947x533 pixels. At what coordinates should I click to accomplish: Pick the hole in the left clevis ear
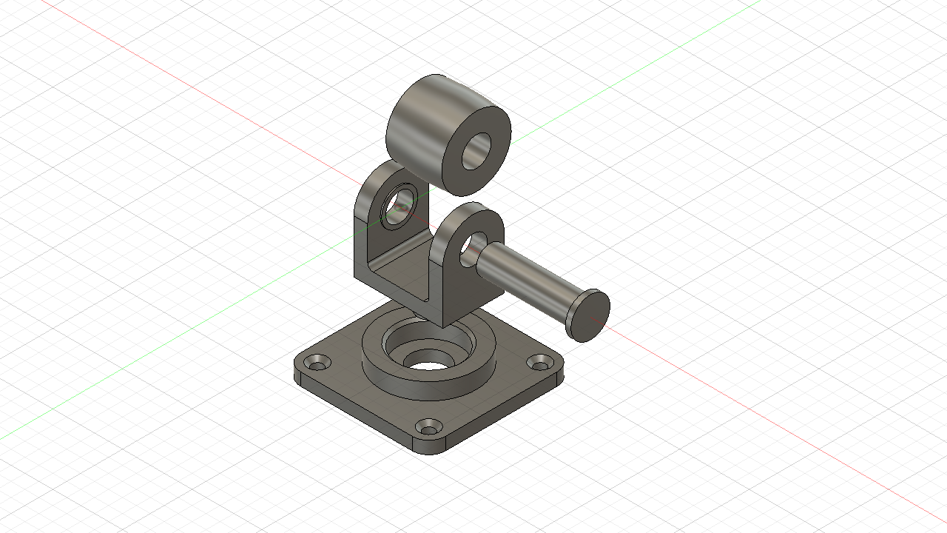[x=400, y=205]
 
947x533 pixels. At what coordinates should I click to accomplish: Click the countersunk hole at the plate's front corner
[x=430, y=427]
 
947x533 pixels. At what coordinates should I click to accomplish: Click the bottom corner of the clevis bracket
[x=442, y=324]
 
